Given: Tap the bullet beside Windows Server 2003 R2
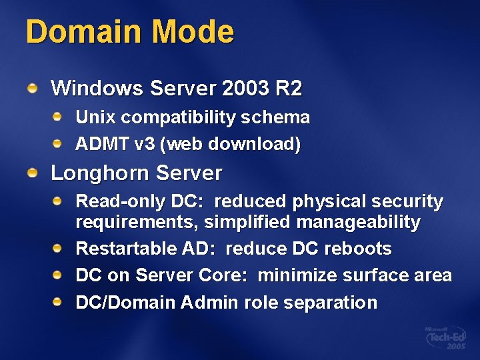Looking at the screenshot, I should coord(33,87).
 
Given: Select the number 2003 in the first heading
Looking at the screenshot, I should coord(243,87).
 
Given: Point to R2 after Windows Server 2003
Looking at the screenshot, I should coord(289,87).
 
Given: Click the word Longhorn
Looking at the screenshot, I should coord(101,173).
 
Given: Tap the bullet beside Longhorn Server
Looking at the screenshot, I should coord(33,173).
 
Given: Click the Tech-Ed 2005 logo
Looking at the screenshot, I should coord(445,339).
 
